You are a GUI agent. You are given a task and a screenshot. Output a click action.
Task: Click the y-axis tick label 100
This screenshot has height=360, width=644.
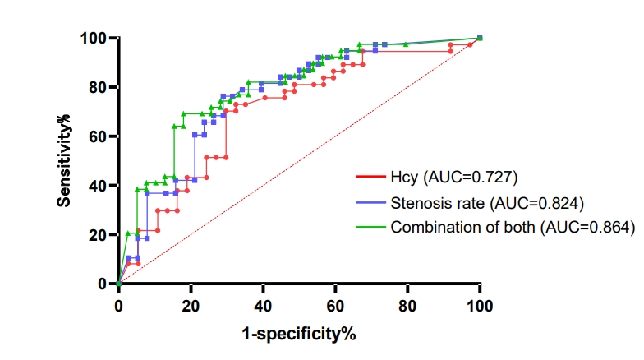coord(94,38)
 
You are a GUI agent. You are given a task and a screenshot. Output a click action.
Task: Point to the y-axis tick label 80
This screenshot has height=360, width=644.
coord(98,87)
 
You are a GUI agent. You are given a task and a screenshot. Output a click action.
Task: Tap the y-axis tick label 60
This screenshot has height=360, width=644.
coord(98,136)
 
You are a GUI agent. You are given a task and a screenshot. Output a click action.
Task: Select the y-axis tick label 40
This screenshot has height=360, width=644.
coord(98,186)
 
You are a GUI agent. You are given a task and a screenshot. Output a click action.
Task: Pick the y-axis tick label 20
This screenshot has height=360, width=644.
coord(98,235)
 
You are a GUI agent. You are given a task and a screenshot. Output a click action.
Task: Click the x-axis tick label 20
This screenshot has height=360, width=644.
coord(191,306)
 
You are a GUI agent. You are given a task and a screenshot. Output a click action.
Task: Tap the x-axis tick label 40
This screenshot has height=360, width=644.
coord(263,306)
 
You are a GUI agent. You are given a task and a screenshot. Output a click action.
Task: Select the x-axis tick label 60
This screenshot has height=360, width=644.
coord(335,306)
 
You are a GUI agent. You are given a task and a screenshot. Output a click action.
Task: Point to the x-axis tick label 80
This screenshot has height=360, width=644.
coord(407,306)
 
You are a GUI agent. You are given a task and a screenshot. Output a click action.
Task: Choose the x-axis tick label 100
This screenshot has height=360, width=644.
coord(480,306)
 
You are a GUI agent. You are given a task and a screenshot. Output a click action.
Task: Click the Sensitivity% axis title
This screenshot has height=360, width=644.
coord(64,161)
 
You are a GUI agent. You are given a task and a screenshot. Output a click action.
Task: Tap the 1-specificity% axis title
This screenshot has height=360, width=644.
coord(299,334)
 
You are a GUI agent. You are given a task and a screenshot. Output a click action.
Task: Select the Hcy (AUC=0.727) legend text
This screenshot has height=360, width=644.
coord(453,178)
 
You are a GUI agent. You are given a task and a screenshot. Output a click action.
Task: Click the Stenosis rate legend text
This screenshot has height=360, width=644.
coord(437,203)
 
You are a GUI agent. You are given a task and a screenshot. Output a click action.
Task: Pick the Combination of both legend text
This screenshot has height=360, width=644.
coord(463,227)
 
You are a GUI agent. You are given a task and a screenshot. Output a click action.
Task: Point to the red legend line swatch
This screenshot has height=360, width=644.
coord(371,178)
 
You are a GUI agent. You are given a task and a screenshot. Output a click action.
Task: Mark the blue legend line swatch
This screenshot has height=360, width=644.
coord(371,202)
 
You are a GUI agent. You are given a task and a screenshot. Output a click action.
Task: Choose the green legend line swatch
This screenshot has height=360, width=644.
coord(371,227)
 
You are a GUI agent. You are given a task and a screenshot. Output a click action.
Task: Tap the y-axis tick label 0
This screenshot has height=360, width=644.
coord(102,284)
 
